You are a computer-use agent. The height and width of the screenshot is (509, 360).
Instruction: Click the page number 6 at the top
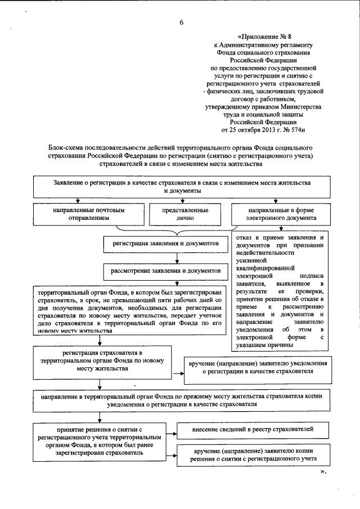(181, 22)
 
